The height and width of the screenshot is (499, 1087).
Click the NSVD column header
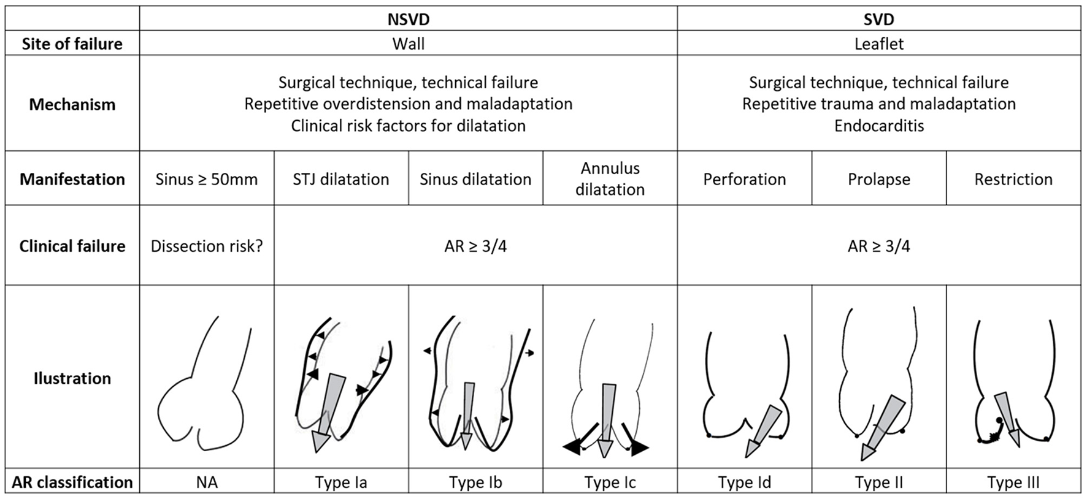[408, 19]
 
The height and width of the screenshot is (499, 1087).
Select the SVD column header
[878, 19]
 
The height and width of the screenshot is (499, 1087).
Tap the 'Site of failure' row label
[72, 44]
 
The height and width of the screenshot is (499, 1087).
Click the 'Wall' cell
[408, 44]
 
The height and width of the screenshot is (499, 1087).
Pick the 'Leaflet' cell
[878, 44]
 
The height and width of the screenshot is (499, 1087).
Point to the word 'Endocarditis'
[878, 126]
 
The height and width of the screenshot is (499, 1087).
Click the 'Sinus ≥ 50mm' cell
[207, 179]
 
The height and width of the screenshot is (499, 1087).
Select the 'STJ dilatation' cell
[341, 179]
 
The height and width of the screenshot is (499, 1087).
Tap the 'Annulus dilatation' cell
[610, 178]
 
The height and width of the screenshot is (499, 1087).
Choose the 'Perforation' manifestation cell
[744, 179]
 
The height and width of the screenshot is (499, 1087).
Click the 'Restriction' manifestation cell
[1013, 179]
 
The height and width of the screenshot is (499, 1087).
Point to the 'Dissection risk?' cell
[207, 246]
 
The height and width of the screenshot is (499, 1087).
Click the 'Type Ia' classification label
[341, 482]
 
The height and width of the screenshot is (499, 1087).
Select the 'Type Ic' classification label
[610, 482]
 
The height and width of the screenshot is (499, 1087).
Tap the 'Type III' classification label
[1013, 482]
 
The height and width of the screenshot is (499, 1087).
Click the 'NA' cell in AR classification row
[207, 482]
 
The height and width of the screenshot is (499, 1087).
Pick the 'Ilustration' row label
[72, 378]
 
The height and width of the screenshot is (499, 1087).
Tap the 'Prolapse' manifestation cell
[878, 179]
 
